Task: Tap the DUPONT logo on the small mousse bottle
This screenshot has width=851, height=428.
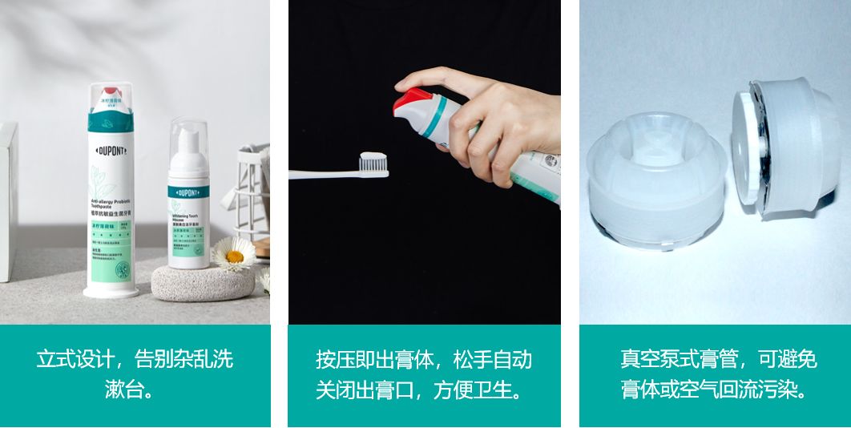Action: coord(188,192)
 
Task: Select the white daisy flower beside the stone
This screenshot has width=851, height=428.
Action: coord(233,256)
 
